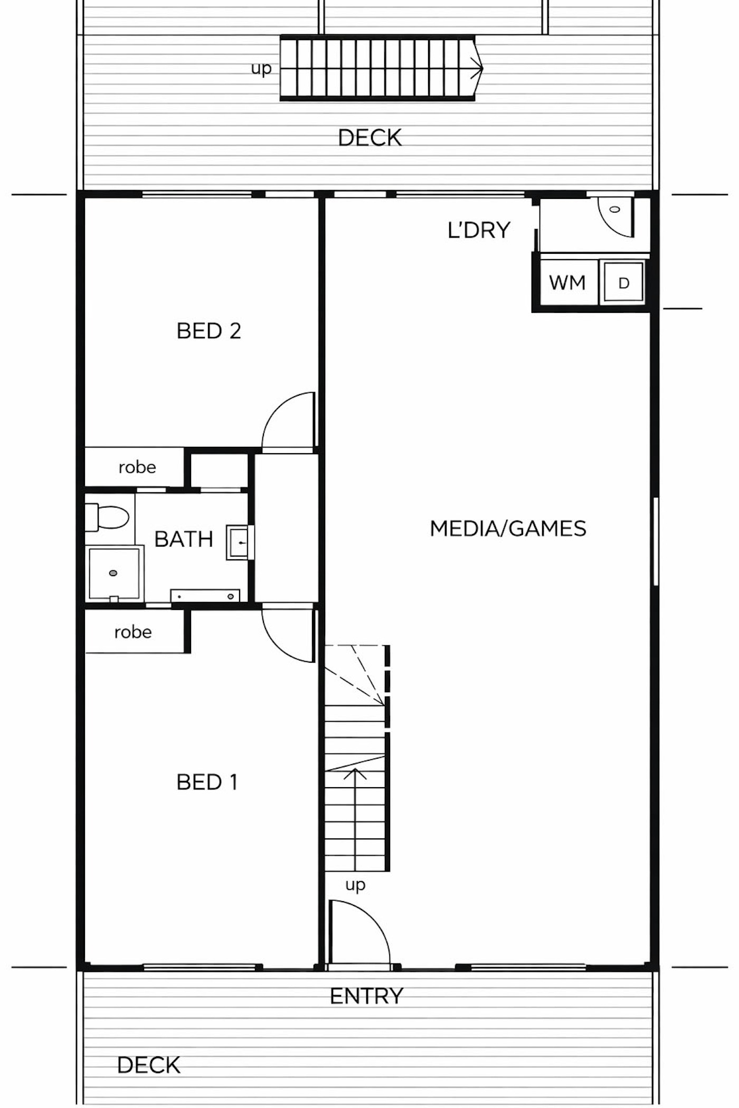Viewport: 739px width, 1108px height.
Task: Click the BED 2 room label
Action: pyautogui.click(x=209, y=331)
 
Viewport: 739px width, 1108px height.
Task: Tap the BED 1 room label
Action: pyautogui.click(x=207, y=782)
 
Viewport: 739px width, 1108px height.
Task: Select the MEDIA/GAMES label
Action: pyautogui.click(x=508, y=528)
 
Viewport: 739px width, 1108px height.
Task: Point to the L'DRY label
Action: pyautogui.click(x=479, y=230)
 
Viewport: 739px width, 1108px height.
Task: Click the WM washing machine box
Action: pyautogui.click(x=568, y=282)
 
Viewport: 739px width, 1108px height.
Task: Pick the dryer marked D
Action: pyautogui.click(x=624, y=283)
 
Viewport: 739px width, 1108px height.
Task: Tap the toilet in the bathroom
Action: pyautogui.click(x=107, y=517)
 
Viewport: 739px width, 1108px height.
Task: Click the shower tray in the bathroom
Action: pyautogui.click(x=115, y=573)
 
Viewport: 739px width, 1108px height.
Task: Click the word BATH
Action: pyautogui.click(x=184, y=539)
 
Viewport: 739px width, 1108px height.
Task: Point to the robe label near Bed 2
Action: pyautogui.click(x=137, y=467)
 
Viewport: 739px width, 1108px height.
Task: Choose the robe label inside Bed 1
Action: pyautogui.click(x=133, y=632)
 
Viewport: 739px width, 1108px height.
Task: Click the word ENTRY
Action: pyautogui.click(x=366, y=996)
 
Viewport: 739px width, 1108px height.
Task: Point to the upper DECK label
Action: pyautogui.click(x=369, y=138)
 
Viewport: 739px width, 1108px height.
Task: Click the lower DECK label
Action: pyautogui.click(x=148, y=1065)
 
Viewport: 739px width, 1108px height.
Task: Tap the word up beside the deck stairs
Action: pyautogui.click(x=261, y=69)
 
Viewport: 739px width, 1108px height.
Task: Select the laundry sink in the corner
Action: pyautogui.click(x=615, y=217)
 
